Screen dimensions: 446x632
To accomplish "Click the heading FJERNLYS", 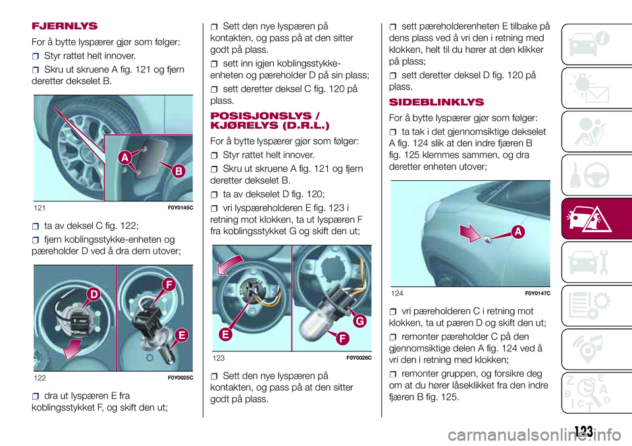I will coord(65,26).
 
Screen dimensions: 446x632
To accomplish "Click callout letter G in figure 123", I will coord(360,322).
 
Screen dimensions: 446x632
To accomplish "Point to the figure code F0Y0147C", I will coord(537,292).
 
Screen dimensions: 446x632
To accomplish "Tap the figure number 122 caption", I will coord(41,378).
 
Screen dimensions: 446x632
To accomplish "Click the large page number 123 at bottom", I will coord(583,432).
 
